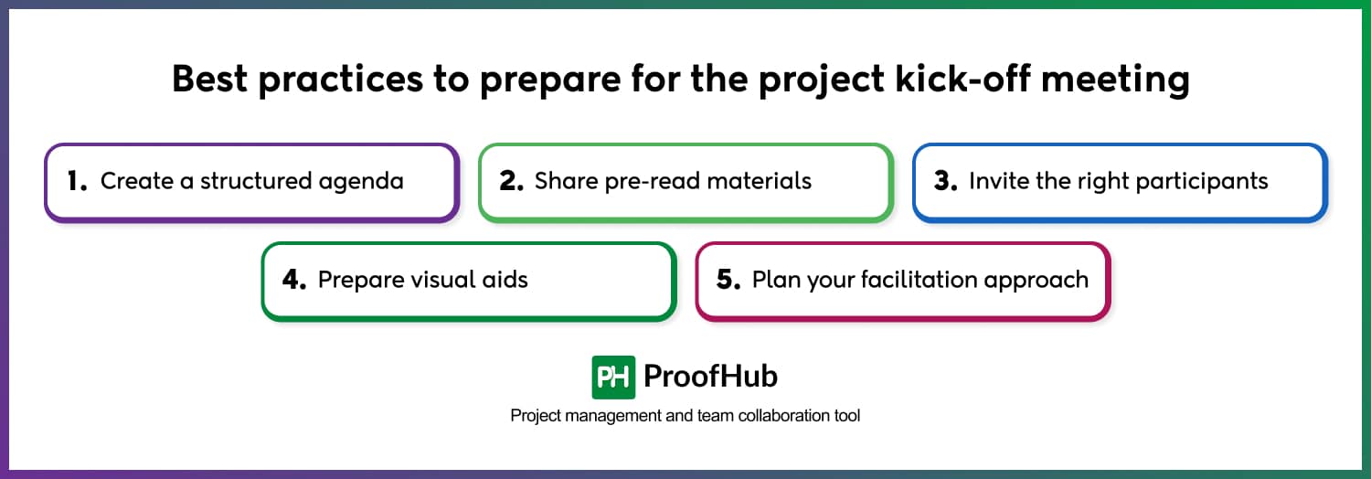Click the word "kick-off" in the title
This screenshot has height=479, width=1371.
coord(962,79)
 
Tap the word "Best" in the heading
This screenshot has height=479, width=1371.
coord(209,79)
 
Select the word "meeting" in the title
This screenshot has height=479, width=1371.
coord(1116,80)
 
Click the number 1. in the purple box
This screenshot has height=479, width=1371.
coord(77,181)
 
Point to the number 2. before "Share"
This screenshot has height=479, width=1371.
coord(511,181)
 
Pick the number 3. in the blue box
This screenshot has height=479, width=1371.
coord(946,181)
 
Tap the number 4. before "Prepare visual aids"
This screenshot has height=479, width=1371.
coord(294,280)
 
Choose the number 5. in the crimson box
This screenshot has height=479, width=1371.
coord(728,280)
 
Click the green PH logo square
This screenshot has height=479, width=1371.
coord(613,377)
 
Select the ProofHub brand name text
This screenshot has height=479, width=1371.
coord(710,377)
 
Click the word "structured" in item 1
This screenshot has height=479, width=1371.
coord(256,181)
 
